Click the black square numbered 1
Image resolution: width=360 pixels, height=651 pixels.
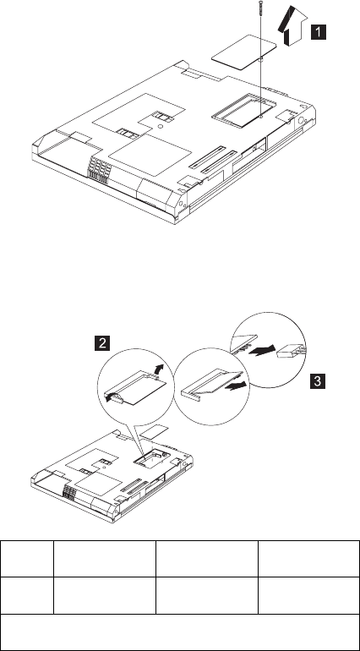pos(319,32)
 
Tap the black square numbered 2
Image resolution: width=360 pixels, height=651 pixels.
pos(102,343)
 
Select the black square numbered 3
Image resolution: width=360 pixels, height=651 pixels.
pos(317,381)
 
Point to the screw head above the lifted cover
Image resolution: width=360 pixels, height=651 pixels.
pos(259,3)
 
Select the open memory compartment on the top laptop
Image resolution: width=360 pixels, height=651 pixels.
pos(244,110)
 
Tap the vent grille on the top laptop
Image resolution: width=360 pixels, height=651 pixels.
pos(98,170)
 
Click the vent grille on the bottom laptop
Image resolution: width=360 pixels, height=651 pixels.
pos(69,492)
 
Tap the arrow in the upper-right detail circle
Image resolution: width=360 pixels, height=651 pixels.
pos(262,349)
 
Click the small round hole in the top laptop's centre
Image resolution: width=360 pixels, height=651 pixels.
pos(160,125)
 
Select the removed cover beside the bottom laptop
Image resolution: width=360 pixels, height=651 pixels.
pos(155,432)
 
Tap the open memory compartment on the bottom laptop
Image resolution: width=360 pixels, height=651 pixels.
pos(150,459)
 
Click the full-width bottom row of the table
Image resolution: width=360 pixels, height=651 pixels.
pos(180,632)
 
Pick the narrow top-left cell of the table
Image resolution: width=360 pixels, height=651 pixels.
pos(27,558)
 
